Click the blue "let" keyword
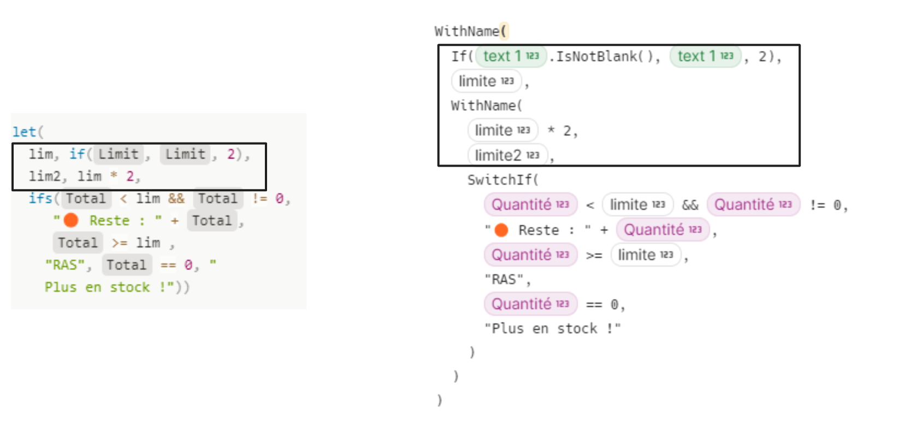pyautogui.click(x=25, y=132)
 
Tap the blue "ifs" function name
pyautogui.click(x=40, y=198)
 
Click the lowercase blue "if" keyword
pyautogui.click(x=77, y=154)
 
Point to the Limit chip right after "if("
pyautogui.click(x=119, y=154)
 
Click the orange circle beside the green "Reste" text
pyautogui.click(x=71, y=221)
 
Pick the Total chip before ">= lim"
pyautogui.click(x=78, y=243)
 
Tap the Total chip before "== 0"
pyautogui.click(x=127, y=265)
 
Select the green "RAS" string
pyautogui.click(x=65, y=265)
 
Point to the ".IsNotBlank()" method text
pyautogui.click(x=604, y=56)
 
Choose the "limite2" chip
pyautogui.click(x=507, y=155)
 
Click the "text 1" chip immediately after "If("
pyautogui.click(x=511, y=56)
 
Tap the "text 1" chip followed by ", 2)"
pyautogui.click(x=705, y=56)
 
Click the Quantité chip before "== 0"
pyautogui.click(x=530, y=304)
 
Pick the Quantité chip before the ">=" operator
pyautogui.click(x=530, y=255)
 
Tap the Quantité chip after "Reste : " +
pyautogui.click(x=662, y=229)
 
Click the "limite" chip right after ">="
pyautogui.click(x=645, y=255)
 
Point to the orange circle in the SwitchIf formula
pyautogui.click(x=501, y=230)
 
